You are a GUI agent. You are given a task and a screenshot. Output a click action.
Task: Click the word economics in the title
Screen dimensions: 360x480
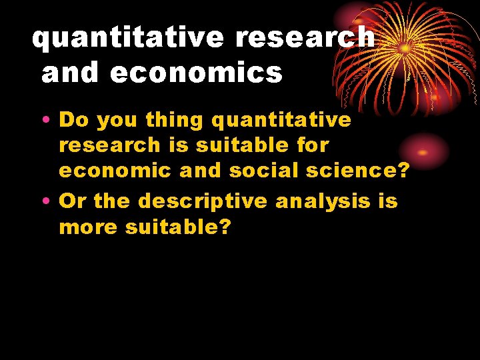click(196, 73)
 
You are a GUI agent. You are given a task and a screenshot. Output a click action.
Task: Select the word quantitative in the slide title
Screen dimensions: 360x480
click(129, 38)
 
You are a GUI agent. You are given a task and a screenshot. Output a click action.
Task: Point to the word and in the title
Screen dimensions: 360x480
click(71, 73)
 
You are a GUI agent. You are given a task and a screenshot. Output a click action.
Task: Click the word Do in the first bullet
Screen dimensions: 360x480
click(74, 120)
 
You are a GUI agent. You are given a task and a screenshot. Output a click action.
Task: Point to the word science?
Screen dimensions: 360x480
click(356, 171)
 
